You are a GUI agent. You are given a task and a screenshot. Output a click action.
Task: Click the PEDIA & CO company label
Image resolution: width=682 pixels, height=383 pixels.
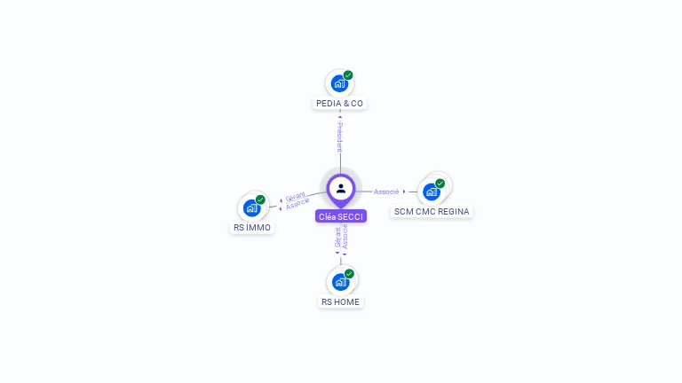(x=340, y=103)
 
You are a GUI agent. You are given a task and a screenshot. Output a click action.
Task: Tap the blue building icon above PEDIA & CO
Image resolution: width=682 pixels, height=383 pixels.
(x=338, y=83)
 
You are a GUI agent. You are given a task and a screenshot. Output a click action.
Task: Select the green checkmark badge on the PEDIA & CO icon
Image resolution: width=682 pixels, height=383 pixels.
(x=348, y=75)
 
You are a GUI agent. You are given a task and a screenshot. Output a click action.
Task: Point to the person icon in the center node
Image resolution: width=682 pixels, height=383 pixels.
(x=341, y=188)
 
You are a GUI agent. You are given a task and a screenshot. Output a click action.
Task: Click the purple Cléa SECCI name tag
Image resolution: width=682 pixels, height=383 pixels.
(x=341, y=216)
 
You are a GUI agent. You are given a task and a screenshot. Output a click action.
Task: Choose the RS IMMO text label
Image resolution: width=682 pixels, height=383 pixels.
(x=251, y=227)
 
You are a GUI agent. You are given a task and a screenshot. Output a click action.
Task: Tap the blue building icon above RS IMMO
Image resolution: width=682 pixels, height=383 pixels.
(x=251, y=208)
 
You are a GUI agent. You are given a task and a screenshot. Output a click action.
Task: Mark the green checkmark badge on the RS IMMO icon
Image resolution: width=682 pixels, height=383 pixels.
(x=260, y=199)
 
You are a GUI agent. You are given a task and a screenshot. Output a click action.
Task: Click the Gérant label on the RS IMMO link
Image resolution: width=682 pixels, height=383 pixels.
(x=295, y=196)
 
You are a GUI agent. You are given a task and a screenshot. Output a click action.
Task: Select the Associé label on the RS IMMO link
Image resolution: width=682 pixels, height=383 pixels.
(x=298, y=204)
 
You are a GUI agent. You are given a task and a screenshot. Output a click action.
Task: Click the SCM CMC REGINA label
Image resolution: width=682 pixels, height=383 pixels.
(x=432, y=211)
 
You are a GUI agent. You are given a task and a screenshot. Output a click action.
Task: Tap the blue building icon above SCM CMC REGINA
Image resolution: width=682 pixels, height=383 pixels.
(x=431, y=191)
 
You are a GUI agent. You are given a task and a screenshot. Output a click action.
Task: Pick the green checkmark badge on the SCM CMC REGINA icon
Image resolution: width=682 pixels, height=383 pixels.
(x=440, y=184)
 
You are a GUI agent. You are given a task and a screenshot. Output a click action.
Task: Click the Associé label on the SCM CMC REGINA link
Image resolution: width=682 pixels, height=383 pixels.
(x=386, y=191)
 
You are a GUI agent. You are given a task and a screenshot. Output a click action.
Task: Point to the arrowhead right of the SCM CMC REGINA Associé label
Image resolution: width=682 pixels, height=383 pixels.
(x=404, y=191)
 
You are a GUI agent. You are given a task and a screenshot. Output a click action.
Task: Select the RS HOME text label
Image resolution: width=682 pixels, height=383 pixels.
(x=341, y=301)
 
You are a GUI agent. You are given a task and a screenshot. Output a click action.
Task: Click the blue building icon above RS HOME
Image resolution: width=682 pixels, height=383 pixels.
(x=340, y=282)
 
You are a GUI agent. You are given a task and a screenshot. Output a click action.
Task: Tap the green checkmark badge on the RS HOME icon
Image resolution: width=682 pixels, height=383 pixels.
(x=349, y=274)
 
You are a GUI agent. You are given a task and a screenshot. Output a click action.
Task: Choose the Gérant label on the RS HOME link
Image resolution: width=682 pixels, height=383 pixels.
(x=337, y=237)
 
